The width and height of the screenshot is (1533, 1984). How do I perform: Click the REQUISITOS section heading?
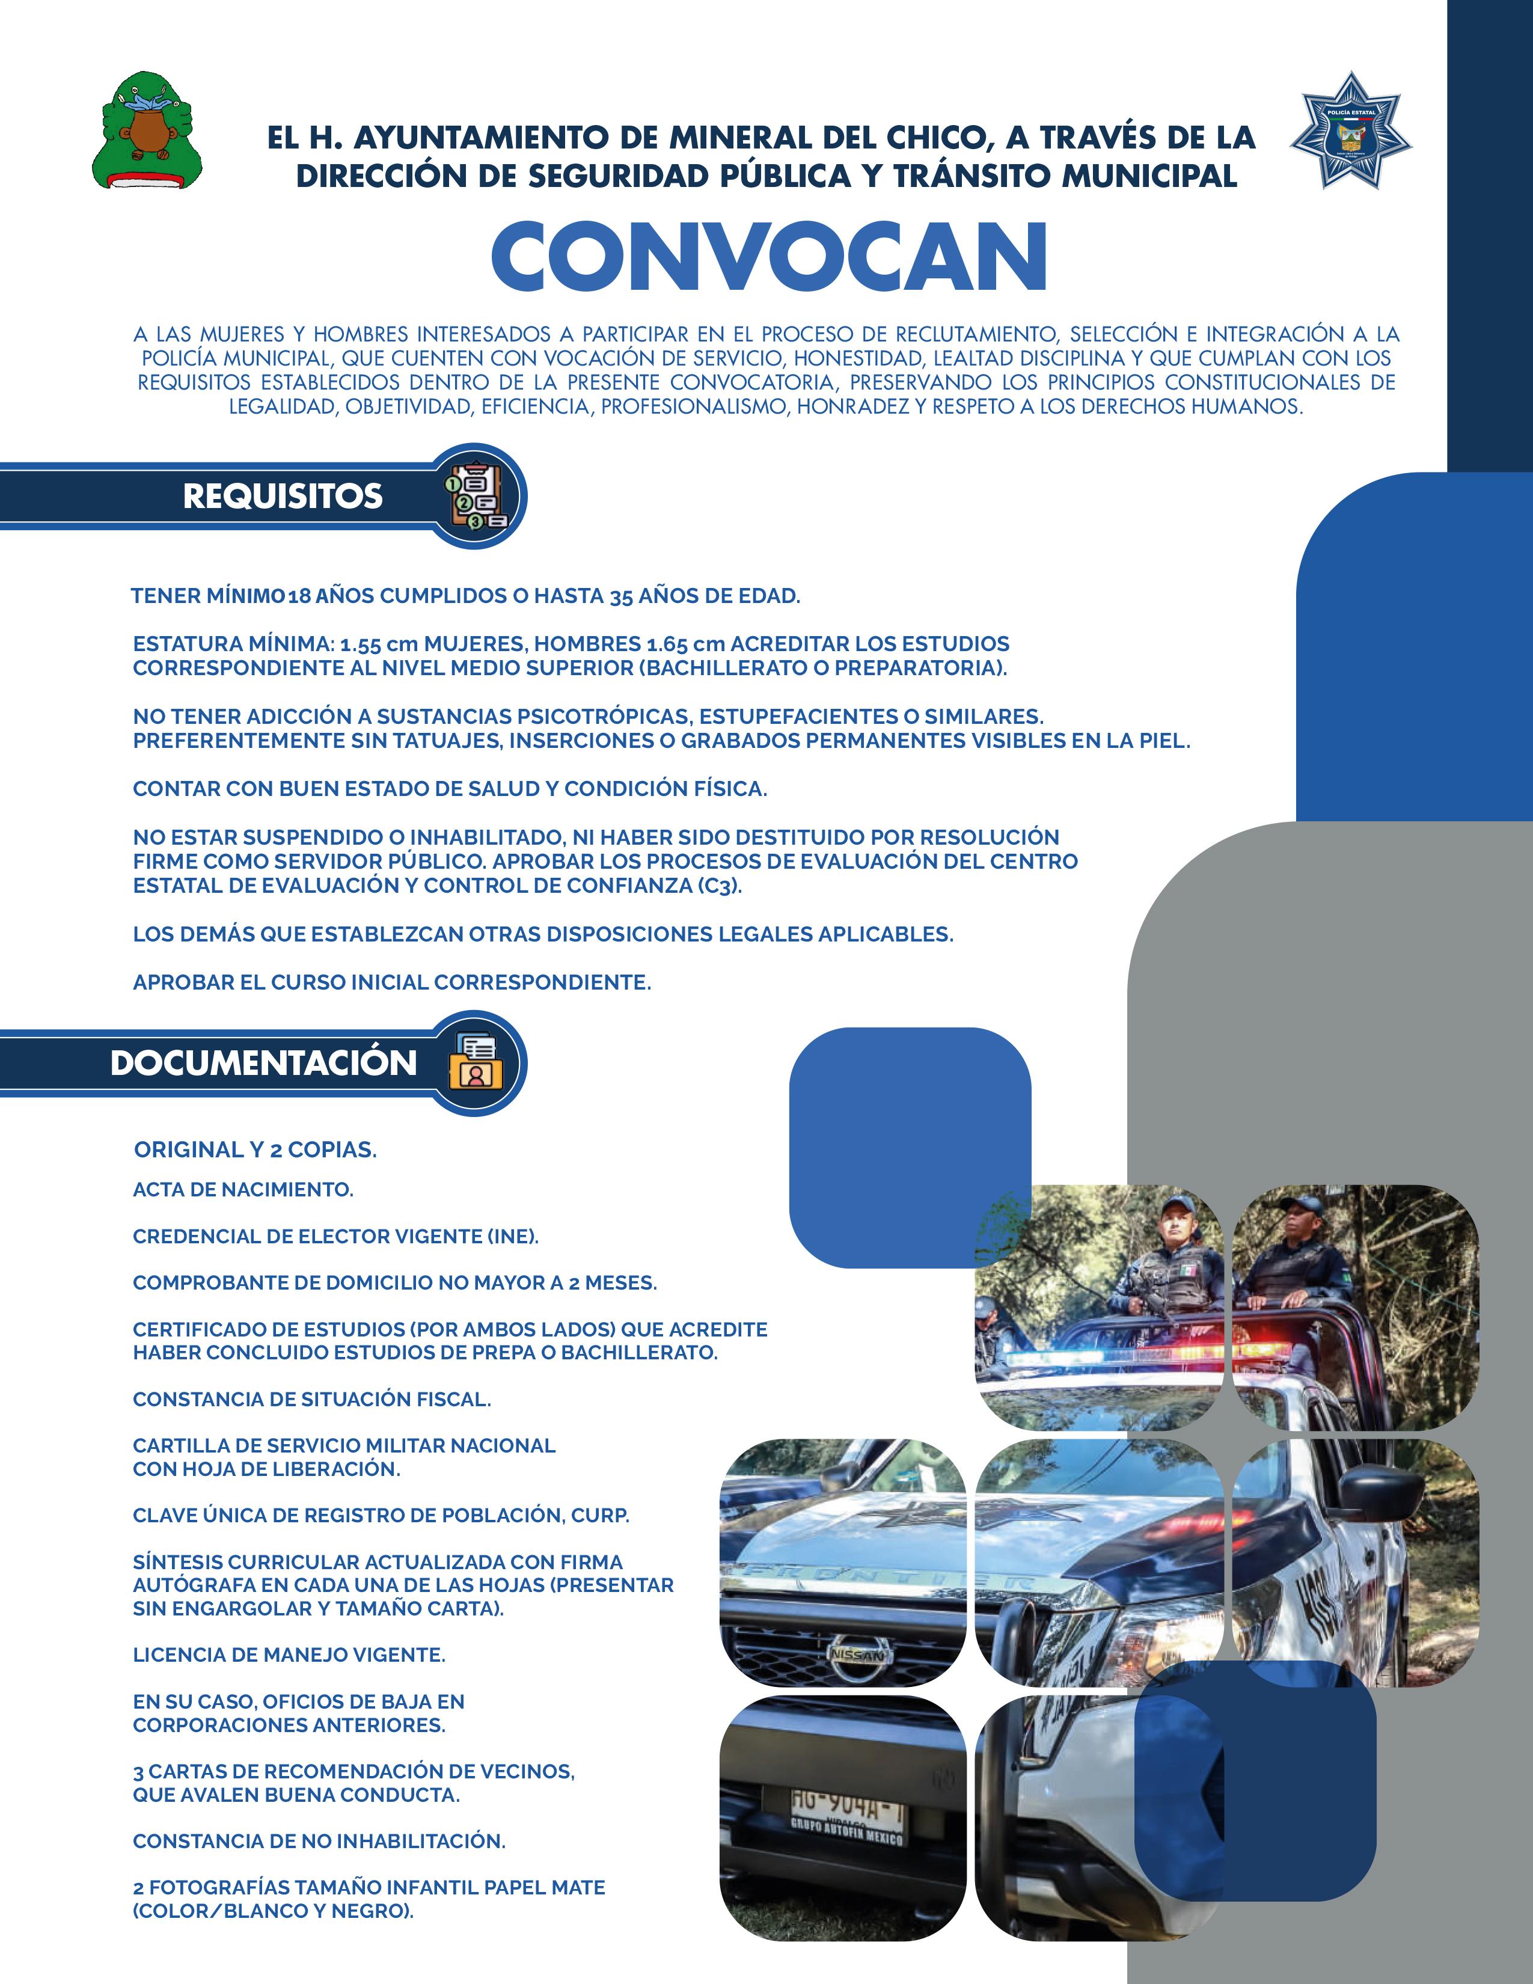tap(283, 496)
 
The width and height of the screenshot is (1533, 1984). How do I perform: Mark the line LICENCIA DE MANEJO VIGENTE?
tap(289, 1655)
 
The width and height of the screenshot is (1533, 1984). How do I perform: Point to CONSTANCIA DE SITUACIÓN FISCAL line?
tap(311, 1399)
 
